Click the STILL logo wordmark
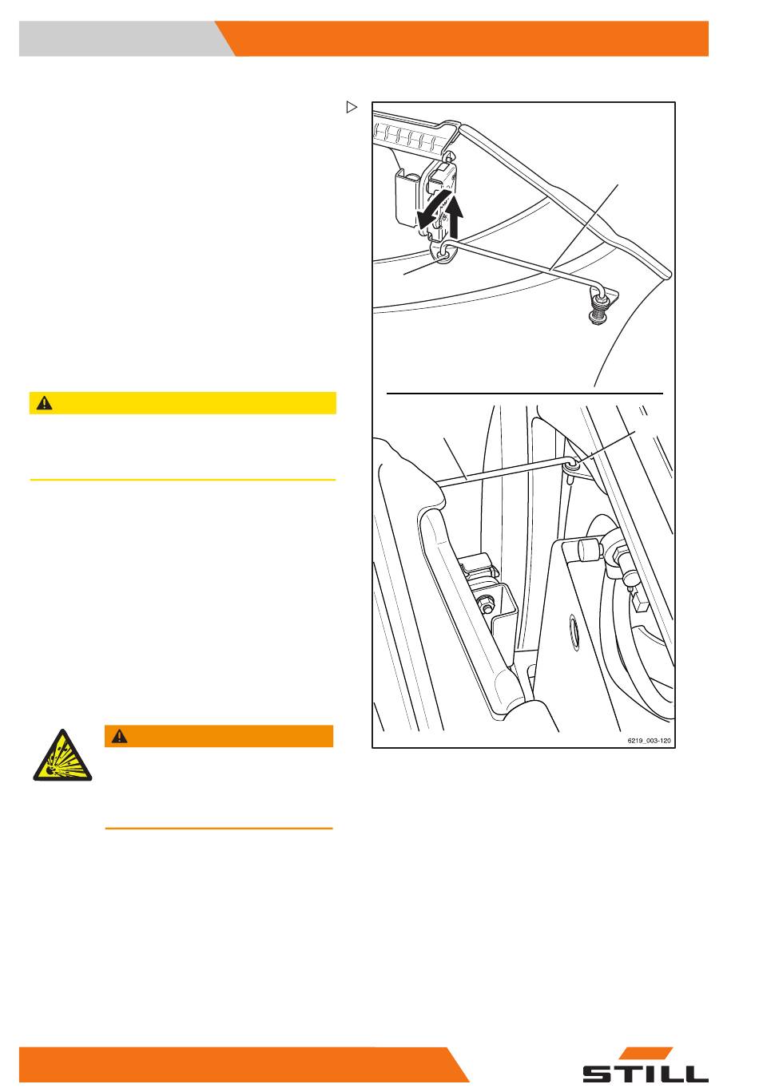(x=646, y=1073)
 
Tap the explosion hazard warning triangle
(x=62, y=756)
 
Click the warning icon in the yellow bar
(x=45, y=403)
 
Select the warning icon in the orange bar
(x=120, y=736)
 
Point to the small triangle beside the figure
(x=352, y=107)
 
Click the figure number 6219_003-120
(x=649, y=741)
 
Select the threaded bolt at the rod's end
(x=597, y=311)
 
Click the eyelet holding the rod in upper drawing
(x=443, y=254)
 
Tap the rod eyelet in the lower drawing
(x=571, y=466)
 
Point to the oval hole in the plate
(x=574, y=632)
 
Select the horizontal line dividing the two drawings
(x=524, y=393)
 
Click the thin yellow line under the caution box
(x=183, y=480)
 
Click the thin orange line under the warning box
(x=219, y=829)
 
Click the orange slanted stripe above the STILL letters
(x=649, y=1053)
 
